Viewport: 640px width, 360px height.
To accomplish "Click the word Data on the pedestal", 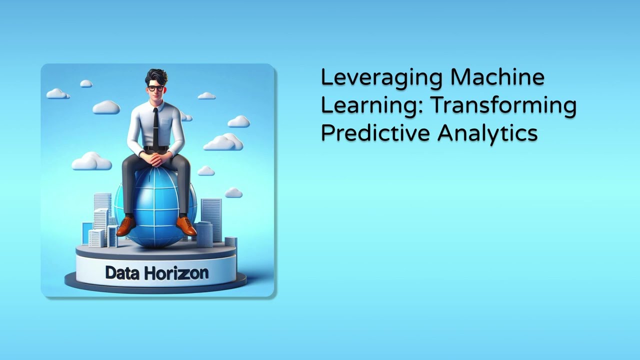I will point(122,273).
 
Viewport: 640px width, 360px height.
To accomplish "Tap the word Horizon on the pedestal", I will point(176,273).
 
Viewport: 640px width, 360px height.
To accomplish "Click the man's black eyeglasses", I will point(155,88).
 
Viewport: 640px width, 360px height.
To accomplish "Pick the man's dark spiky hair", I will point(156,76).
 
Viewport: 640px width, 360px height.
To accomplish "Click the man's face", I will point(155,93).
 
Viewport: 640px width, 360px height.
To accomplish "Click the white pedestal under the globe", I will point(155,265).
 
